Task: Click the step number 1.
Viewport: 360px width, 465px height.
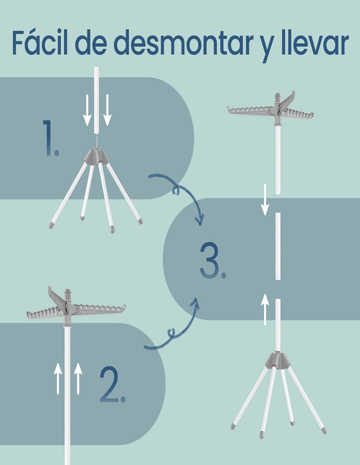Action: pyautogui.click(x=51, y=138)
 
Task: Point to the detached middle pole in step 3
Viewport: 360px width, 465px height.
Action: pyautogui.click(x=278, y=246)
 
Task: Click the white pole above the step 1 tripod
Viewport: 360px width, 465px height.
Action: pyautogui.click(x=97, y=100)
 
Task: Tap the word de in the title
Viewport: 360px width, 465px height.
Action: pyautogui.click(x=91, y=43)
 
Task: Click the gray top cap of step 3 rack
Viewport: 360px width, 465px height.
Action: pyautogui.click(x=278, y=97)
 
